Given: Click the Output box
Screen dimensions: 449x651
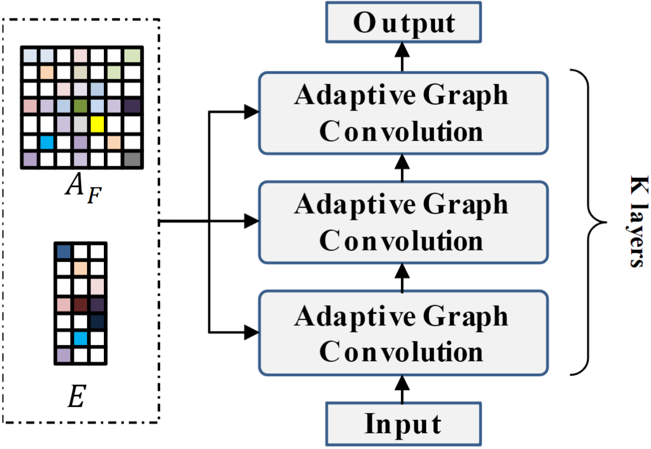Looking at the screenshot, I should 404,23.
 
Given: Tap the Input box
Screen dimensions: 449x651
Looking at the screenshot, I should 403,423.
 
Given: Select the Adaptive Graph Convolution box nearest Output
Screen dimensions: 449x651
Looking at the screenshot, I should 403,113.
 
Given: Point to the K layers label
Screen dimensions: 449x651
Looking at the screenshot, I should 636,222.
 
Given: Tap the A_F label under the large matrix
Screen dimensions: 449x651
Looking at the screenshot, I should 82,187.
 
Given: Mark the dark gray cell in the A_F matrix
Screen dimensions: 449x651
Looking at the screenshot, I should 133,160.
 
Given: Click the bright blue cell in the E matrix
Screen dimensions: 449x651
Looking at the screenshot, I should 80,338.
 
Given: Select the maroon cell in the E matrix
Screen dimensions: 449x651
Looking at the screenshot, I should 80,305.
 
